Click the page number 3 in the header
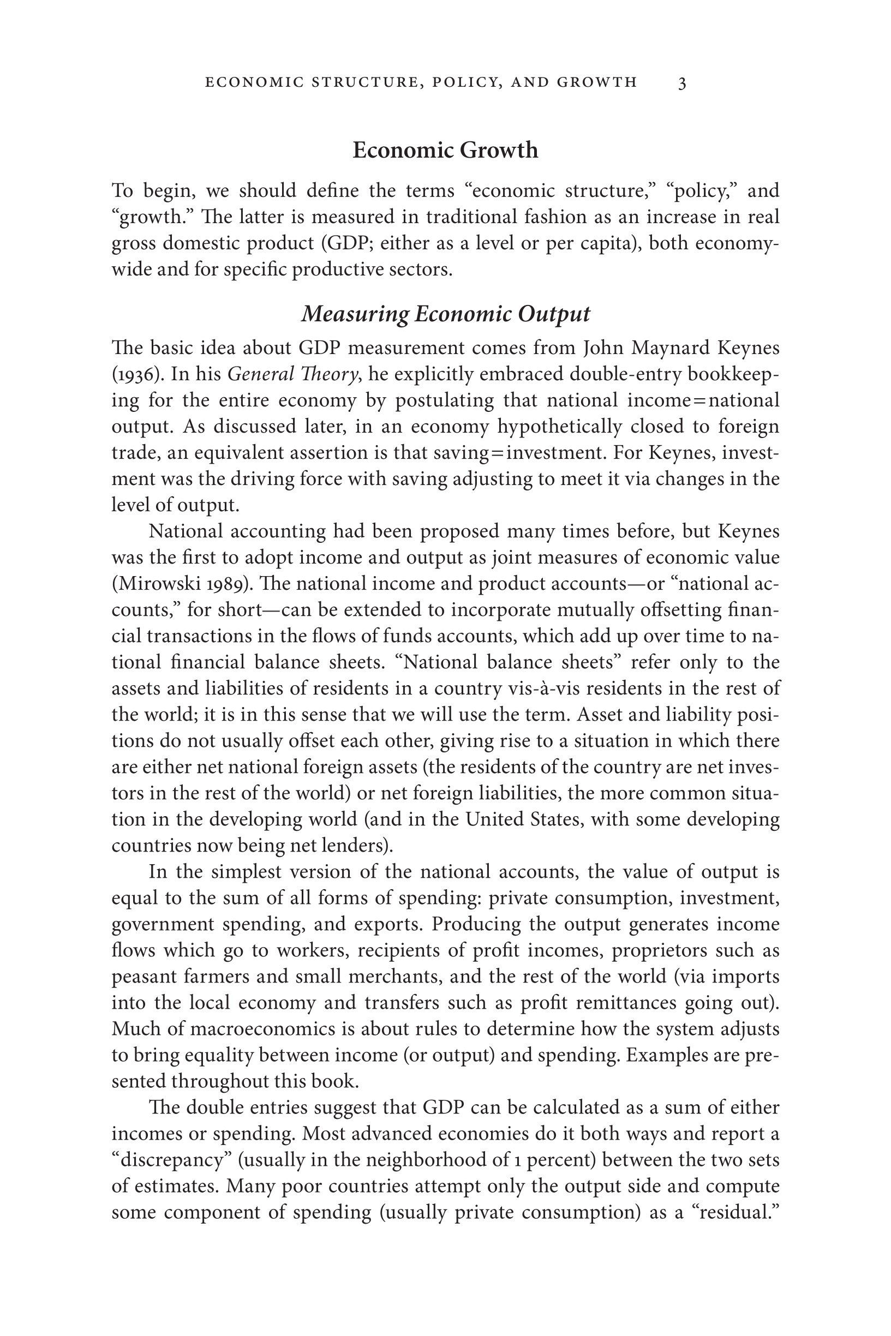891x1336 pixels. coord(682,83)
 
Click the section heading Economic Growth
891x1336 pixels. coord(445,151)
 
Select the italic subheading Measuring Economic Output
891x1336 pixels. coord(445,314)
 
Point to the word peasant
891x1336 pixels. coord(145,977)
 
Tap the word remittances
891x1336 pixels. coord(626,1003)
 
